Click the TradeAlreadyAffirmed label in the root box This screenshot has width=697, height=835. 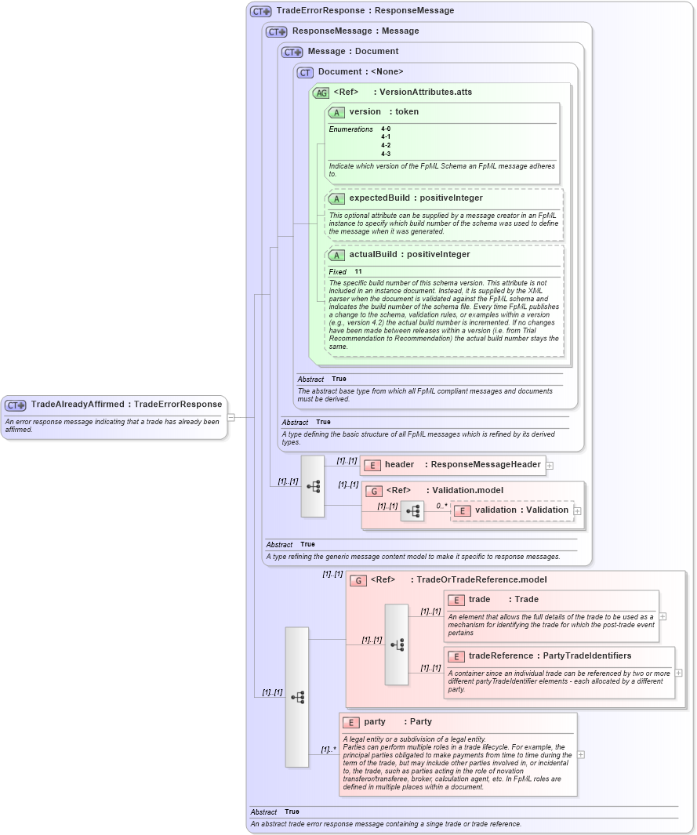78,405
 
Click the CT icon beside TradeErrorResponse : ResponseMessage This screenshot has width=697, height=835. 261,12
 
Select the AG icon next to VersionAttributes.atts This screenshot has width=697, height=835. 321,93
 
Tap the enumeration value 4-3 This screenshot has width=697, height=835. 386,154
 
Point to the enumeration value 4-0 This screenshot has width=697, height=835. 386,129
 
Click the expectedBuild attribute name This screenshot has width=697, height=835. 379,198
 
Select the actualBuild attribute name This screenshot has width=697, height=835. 372,255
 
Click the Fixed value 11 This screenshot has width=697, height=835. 358,271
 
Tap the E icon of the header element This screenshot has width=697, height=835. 372,465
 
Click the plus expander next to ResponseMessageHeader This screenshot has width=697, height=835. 550,465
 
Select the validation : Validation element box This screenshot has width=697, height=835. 514,510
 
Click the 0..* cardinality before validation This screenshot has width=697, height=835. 441,506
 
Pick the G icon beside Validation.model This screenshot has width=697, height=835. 374,491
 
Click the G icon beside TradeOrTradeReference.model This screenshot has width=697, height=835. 358,580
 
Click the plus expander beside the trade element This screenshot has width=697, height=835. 663,616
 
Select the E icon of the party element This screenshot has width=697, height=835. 352,722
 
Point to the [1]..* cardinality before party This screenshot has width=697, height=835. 329,750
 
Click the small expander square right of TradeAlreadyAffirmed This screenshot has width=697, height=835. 231,417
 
